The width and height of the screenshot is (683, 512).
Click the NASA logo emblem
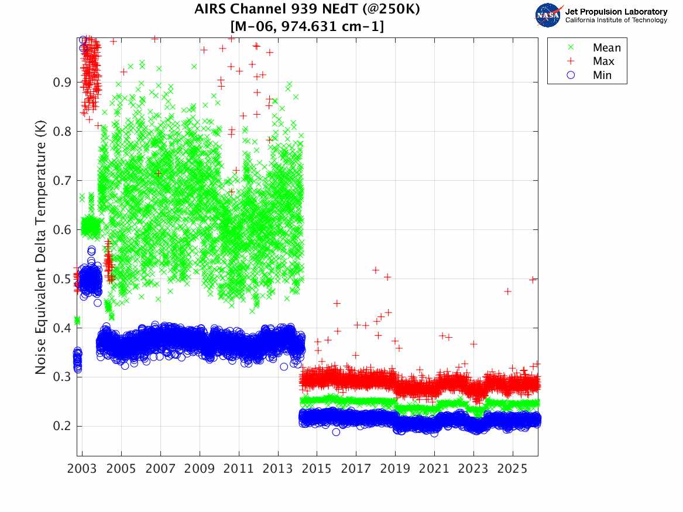click(549, 15)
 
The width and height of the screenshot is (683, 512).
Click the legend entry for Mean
click(606, 48)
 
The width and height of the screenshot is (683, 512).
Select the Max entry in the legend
click(603, 61)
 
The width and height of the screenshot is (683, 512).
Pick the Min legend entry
click(602, 75)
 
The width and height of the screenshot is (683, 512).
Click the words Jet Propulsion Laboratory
click(616, 12)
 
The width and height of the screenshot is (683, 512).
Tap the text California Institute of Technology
click(616, 20)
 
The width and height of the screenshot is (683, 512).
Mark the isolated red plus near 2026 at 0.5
click(533, 280)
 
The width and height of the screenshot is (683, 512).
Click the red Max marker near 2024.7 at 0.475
click(507, 291)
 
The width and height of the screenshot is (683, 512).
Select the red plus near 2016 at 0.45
click(337, 303)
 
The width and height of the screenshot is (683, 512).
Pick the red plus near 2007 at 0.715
click(158, 173)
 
